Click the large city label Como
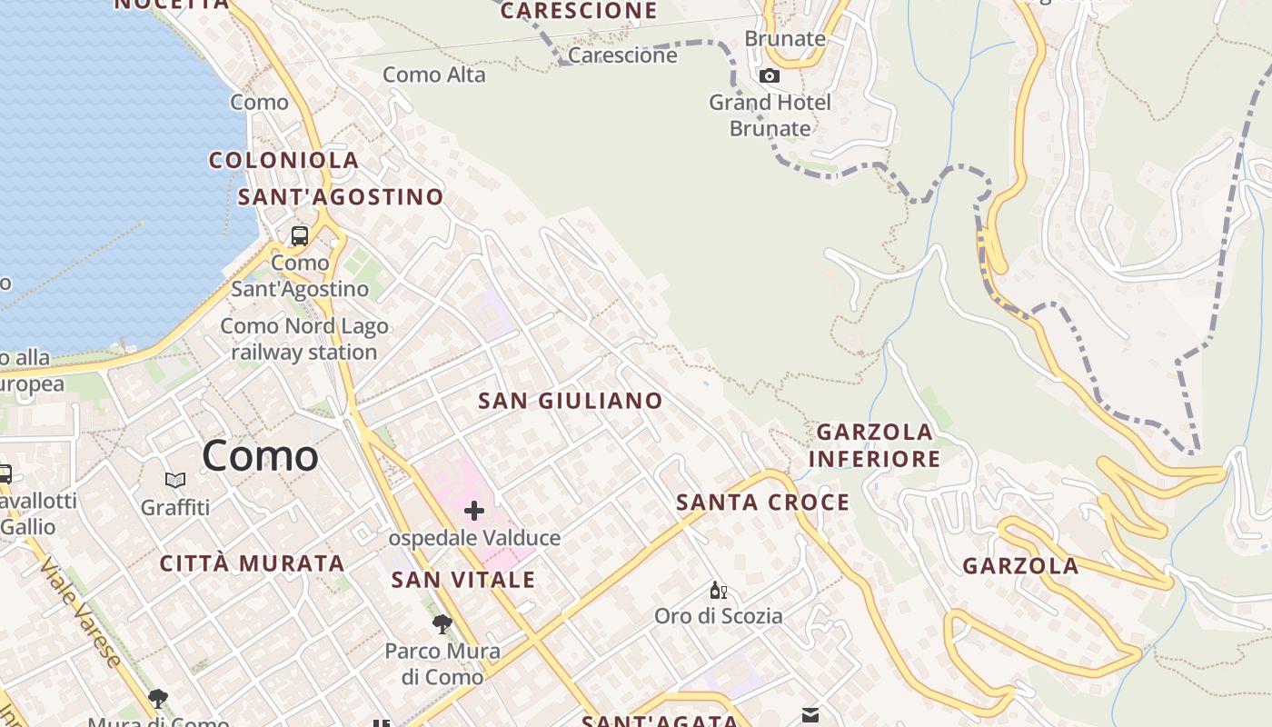[260, 455]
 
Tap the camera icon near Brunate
[770, 75]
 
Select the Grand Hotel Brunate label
[770, 115]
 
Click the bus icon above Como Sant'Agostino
[300, 236]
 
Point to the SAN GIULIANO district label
[571, 401]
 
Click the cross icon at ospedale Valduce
[473, 511]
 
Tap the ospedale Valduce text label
[474, 538]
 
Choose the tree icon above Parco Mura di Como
[442, 624]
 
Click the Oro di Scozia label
[719, 616]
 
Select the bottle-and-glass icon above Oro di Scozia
[718, 591]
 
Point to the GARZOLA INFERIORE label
[874, 445]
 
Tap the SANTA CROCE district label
[763, 503]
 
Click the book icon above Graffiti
[175, 480]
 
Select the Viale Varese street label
[80, 612]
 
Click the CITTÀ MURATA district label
[253, 563]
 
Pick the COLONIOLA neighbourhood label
[284, 161]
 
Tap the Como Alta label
[434, 75]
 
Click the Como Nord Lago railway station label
[304, 339]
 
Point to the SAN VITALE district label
[463, 580]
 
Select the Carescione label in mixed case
[622, 55]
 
